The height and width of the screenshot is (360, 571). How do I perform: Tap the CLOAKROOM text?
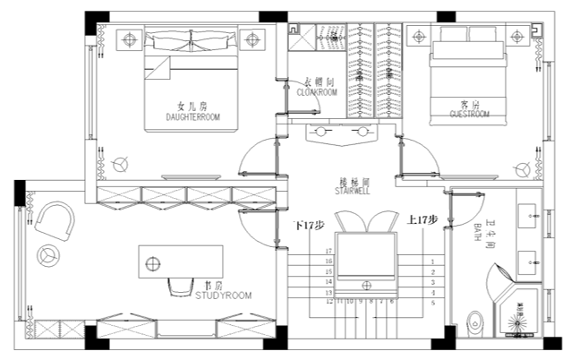coord(316,91)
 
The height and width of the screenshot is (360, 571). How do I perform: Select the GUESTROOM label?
coord(469,116)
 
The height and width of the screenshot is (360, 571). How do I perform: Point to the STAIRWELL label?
coord(352,191)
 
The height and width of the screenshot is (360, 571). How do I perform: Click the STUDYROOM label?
coord(223,295)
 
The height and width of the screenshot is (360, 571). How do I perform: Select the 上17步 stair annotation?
coord(422,219)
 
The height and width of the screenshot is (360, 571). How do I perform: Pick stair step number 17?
coord(328,252)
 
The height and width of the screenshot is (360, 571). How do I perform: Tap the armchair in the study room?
coord(55,219)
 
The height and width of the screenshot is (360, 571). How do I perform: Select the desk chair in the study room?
coord(176,286)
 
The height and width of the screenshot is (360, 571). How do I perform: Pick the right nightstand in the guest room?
coord(519,36)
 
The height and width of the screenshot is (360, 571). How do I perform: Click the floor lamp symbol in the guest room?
coord(522,167)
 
